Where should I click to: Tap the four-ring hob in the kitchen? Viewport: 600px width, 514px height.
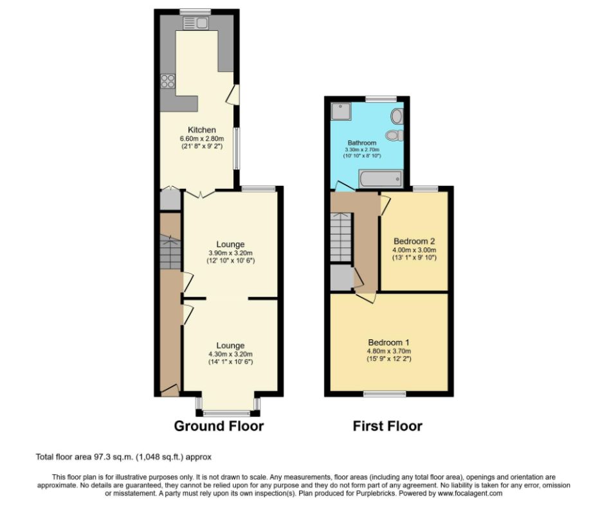click(168, 82)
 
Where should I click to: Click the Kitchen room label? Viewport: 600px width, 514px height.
click(201, 130)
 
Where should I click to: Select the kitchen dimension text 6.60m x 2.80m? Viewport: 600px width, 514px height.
click(201, 138)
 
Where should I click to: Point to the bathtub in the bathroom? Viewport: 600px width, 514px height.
click(381, 178)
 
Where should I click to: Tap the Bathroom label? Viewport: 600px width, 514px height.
click(362, 143)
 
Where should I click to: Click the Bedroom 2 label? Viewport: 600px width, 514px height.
click(414, 242)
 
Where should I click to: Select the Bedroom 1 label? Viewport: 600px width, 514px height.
click(388, 342)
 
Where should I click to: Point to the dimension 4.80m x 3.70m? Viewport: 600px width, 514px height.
click(388, 351)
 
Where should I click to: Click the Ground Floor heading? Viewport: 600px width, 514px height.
click(219, 426)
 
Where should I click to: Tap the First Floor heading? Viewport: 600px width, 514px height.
click(387, 426)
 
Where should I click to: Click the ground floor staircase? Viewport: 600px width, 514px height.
click(170, 254)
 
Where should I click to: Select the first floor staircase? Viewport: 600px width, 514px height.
click(341, 238)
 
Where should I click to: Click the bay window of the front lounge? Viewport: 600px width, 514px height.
click(230, 411)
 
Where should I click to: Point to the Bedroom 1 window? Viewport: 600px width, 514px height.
click(385, 393)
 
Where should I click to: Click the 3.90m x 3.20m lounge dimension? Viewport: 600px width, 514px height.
click(230, 253)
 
